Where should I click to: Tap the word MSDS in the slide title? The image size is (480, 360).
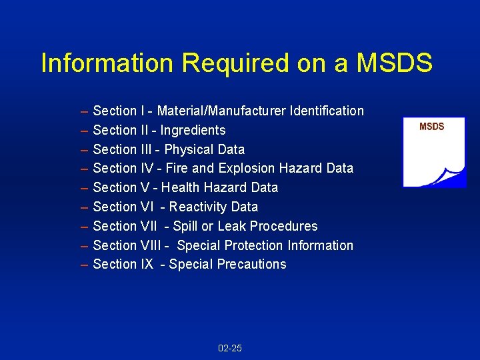[395, 63]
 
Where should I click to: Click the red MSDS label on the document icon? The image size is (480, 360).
[431, 127]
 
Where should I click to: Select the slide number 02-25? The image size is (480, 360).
[230, 348]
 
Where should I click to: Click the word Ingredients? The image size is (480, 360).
[193, 130]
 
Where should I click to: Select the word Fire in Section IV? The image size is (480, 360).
[176, 168]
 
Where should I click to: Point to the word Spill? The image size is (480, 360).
[185, 226]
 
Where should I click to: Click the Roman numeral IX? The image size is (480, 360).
[147, 265]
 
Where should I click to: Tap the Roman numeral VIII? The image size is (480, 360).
[151, 245]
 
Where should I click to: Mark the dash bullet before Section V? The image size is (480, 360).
[84, 187]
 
